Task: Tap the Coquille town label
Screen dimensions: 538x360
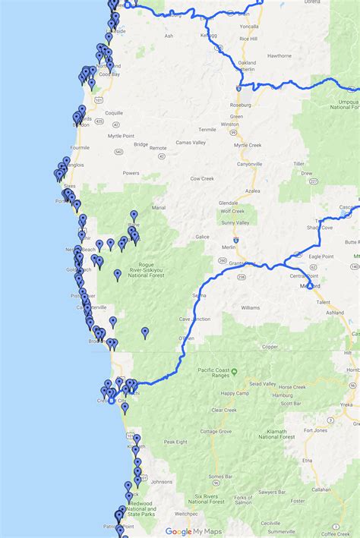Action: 113,113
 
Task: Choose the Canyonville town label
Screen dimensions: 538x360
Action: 249,163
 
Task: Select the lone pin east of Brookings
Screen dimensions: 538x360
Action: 145,332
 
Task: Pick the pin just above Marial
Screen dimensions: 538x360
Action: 134,216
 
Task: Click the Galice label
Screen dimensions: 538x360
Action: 201,237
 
